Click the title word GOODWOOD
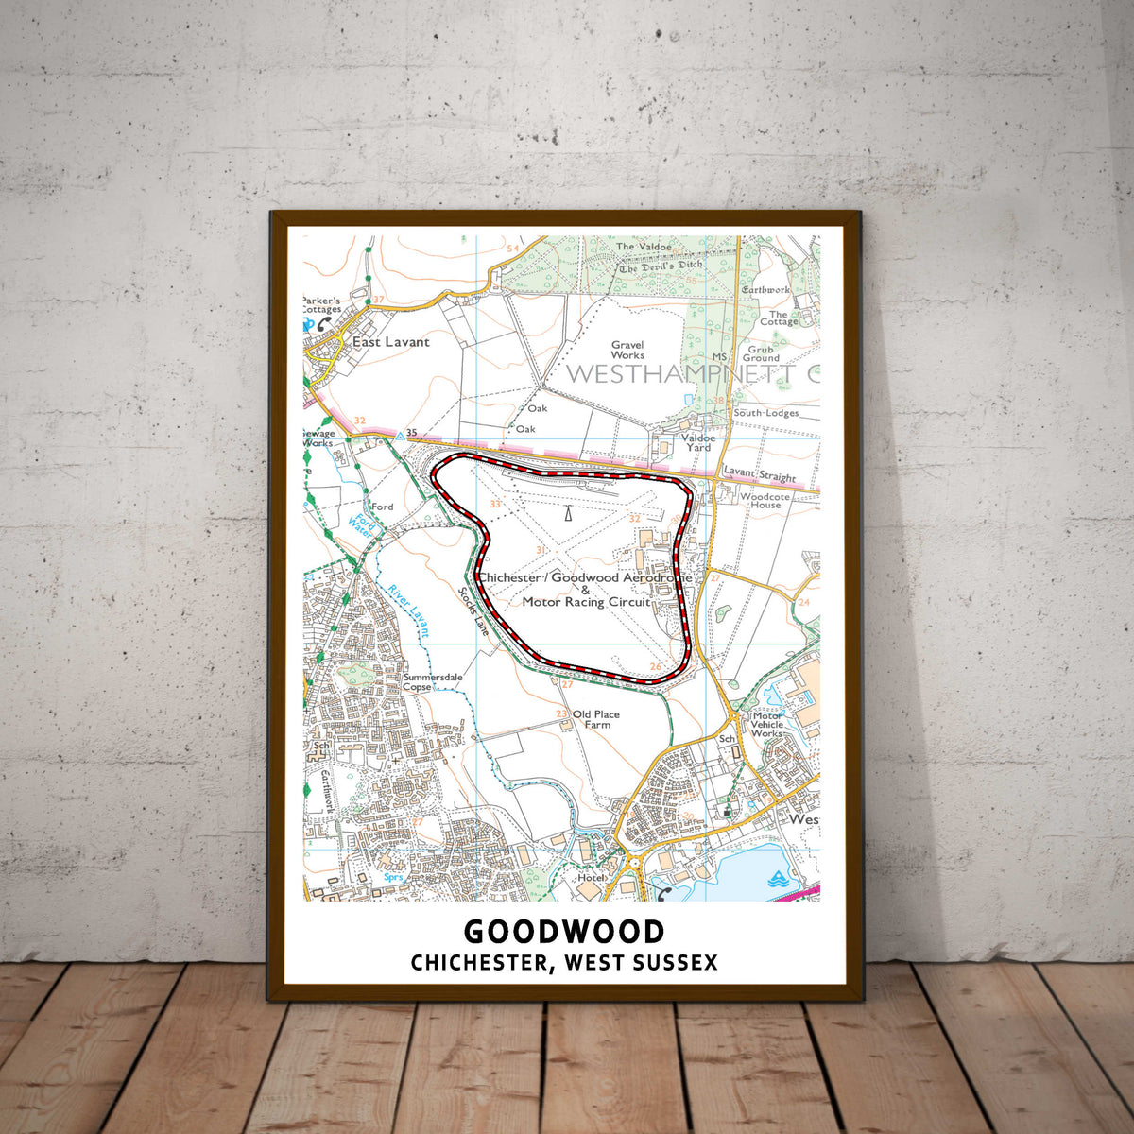coord(564,932)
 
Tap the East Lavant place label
coord(390,342)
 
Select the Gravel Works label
coord(627,351)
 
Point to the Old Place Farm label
coord(596,719)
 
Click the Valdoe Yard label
coord(698,442)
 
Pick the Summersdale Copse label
coord(430,682)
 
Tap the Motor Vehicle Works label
coord(766,725)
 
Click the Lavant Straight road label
coord(760,477)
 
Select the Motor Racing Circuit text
coord(586,602)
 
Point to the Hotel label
coord(591,879)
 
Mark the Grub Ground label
coord(761,353)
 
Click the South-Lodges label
coord(765,413)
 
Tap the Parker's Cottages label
coord(321,304)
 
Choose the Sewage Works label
coord(318,438)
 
